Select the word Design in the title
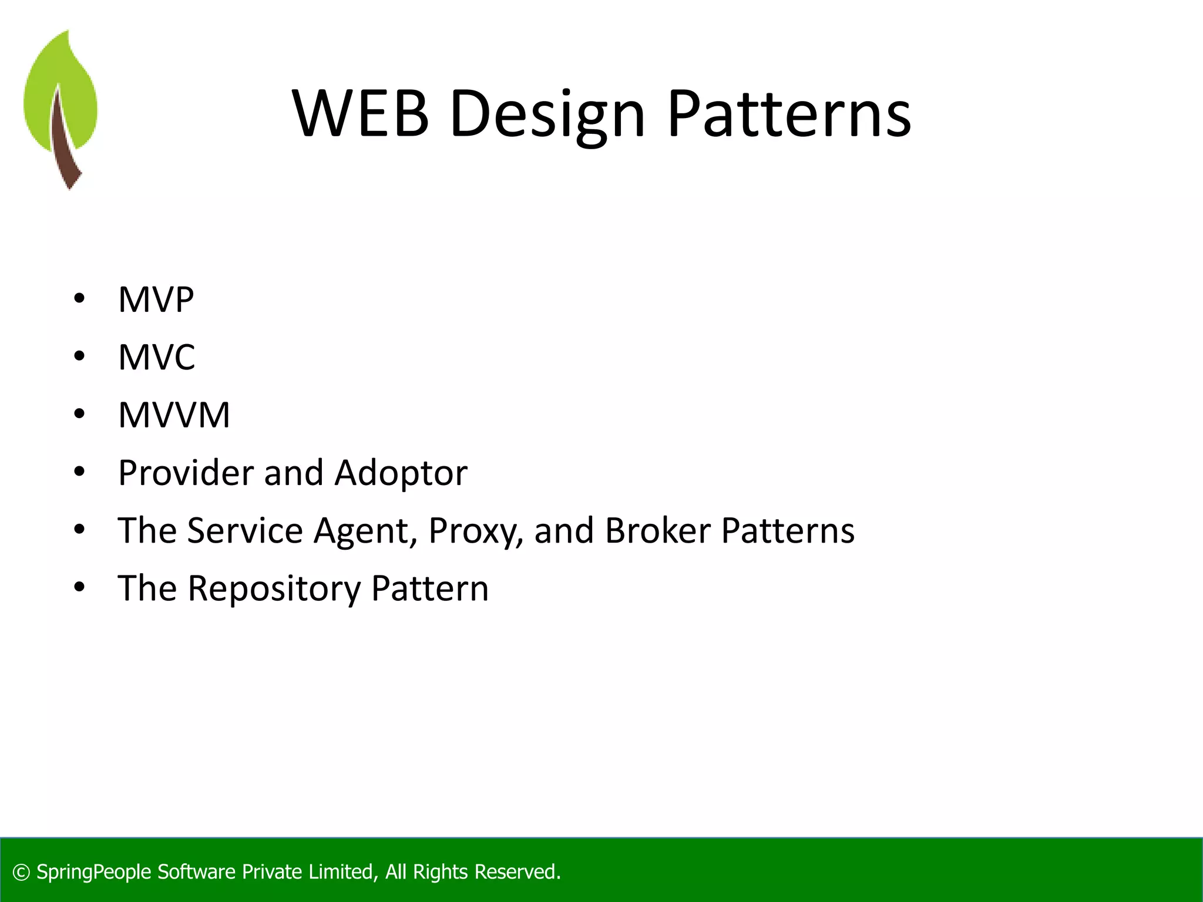547,115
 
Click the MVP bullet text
156,299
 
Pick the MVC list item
156,357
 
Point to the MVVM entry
174,415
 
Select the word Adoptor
401,473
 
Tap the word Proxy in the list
475,531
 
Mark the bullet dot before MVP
79,299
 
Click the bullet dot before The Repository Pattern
79,587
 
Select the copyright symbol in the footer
21,873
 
